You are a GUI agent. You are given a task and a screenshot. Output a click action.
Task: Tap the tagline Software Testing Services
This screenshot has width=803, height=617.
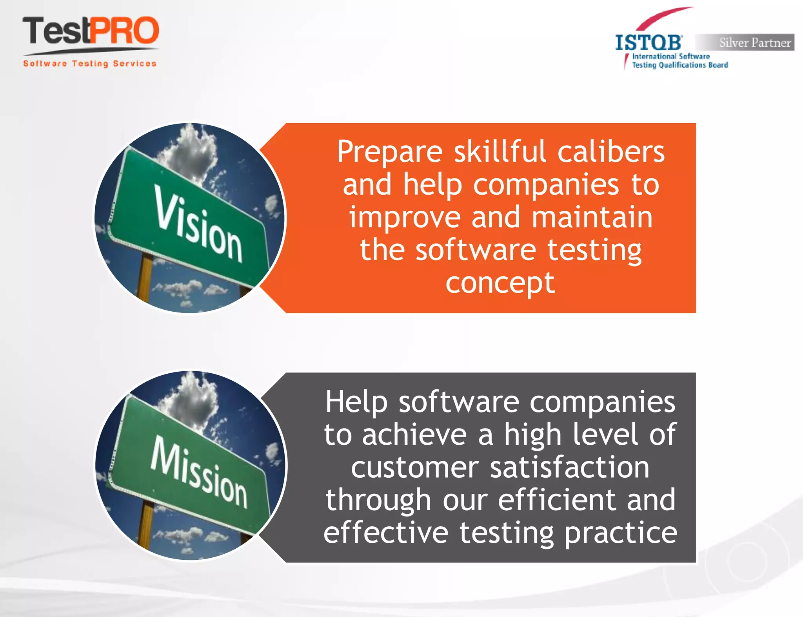89,64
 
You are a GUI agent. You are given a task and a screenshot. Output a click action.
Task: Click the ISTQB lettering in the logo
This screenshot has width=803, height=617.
649,43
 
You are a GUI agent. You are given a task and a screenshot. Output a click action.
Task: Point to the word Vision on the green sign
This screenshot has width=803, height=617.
198,224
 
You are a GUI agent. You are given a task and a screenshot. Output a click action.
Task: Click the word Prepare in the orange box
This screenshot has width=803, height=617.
390,152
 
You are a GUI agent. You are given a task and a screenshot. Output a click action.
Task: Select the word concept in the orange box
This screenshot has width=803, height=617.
500,283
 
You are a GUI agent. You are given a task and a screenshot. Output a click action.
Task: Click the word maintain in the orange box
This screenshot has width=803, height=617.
592,217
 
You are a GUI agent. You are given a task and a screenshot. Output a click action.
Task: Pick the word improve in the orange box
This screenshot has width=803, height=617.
405,217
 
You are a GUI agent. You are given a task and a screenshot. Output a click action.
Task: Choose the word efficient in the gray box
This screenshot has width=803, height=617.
557,500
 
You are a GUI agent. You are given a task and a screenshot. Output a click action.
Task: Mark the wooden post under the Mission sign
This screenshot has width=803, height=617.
146,526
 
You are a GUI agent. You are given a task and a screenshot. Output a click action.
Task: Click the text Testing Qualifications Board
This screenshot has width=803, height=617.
680,65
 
